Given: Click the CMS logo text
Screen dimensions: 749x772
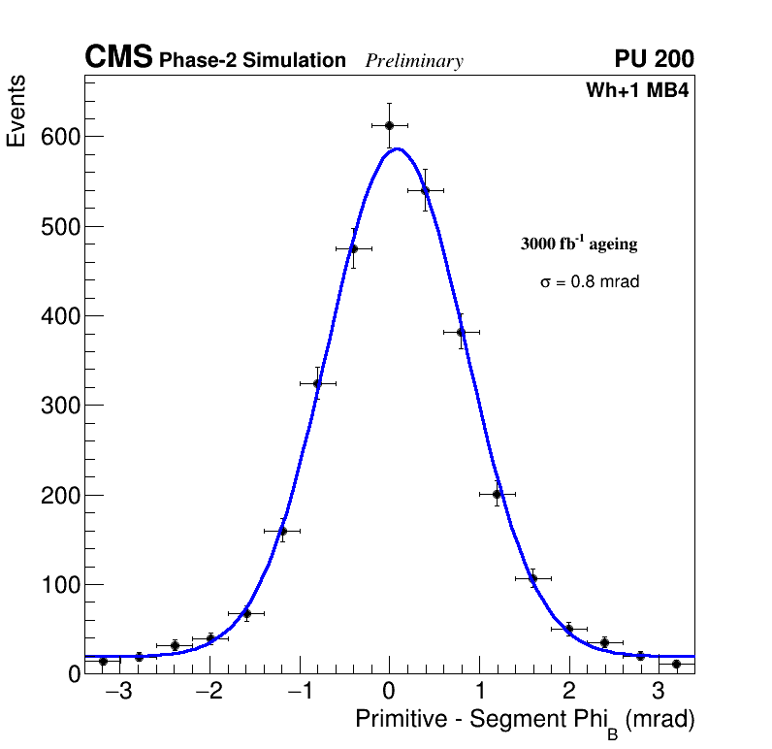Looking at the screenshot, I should click(x=118, y=58).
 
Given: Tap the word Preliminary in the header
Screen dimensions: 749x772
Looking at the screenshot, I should click(x=414, y=61).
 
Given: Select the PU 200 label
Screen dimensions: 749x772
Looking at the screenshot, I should click(x=654, y=59).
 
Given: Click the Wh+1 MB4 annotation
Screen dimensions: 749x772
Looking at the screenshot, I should click(x=636, y=91).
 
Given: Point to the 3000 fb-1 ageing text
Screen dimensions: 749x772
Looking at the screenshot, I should click(x=579, y=244).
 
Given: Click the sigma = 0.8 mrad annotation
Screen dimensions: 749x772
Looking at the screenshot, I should click(x=590, y=282).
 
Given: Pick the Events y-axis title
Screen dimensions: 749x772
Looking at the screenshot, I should click(x=16, y=112).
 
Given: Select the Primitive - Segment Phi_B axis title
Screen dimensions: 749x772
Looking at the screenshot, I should click(x=525, y=721).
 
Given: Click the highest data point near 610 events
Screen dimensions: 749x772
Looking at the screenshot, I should click(x=389, y=125).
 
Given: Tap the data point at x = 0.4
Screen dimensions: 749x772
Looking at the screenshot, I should click(x=425, y=191).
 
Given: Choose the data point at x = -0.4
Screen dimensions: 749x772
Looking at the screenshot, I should click(x=353, y=248).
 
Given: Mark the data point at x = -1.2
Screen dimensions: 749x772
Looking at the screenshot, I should click(x=281, y=531).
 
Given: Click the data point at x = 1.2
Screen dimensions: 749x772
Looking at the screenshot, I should click(x=497, y=494).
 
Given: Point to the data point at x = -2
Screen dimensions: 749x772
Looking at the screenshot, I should click(x=210, y=638).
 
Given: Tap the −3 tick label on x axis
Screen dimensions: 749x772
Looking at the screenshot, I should click(x=118, y=693).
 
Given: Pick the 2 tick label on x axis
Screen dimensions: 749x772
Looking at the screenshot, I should click(x=568, y=693).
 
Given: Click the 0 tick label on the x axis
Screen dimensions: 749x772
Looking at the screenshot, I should click(x=389, y=693).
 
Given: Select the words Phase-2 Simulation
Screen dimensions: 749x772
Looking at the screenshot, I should click(x=252, y=61).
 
